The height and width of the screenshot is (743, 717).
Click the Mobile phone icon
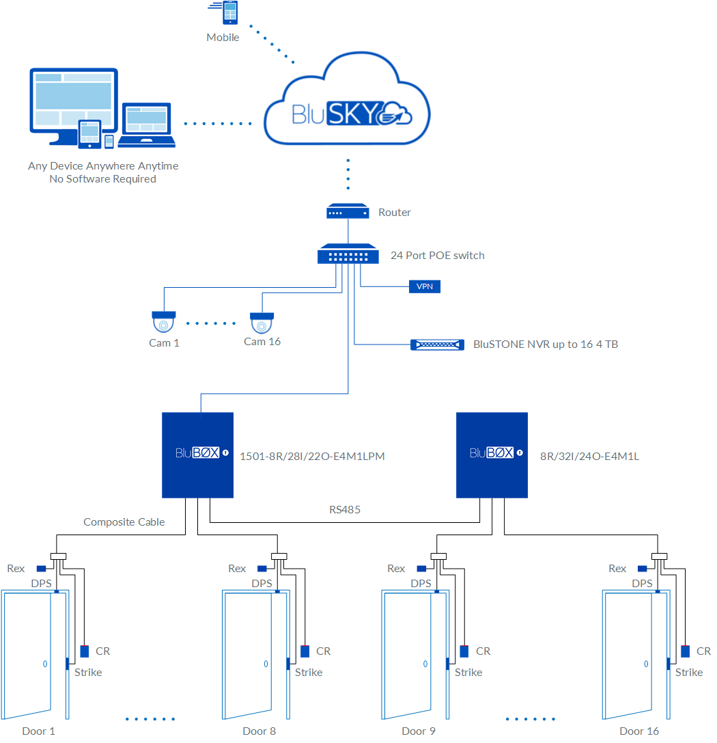pyautogui.click(x=230, y=13)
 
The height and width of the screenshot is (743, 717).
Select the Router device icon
pyautogui.click(x=348, y=212)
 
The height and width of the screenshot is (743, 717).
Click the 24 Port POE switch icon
pyautogui.click(x=348, y=255)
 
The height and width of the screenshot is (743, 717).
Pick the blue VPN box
pyautogui.click(x=424, y=286)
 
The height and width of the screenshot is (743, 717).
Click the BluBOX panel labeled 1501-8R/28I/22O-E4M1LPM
pyautogui.click(x=197, y=455)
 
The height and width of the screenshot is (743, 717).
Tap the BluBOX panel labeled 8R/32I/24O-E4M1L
pyautogui.click(x=492, y=455)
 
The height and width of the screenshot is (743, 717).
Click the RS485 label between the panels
pyautogui.click(x=344, y=509)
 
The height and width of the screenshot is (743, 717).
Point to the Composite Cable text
pyautogui.click(x=124, y=522)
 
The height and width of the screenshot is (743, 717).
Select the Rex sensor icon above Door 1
pyautogui.click(x=42, y=569)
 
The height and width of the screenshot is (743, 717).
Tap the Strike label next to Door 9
pyautogui.click(x=468, y=673)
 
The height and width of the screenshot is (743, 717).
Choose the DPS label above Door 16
pyautogui.click(x=642, y=584)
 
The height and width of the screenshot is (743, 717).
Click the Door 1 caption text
pyautogui.click(x=38, y=731)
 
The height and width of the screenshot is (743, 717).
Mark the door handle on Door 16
pyautogui.click(x=646, y=664)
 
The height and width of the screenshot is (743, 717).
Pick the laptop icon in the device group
pyautogui.click(x=146, y=126)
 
